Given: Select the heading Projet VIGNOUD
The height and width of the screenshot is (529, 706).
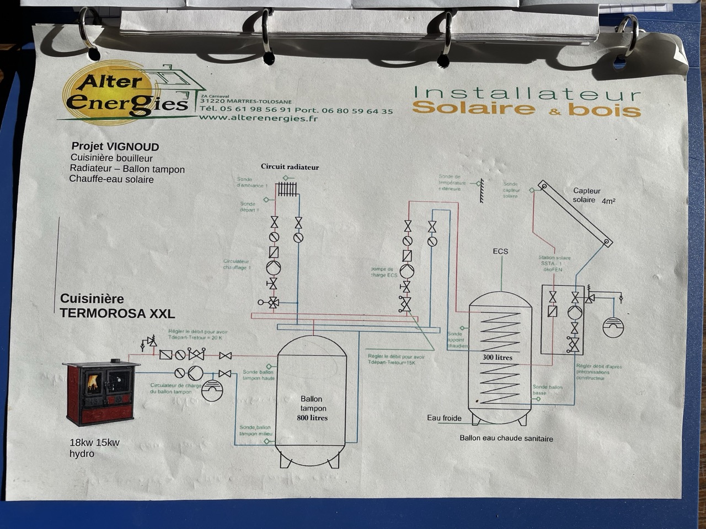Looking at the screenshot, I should (x=115, y=147).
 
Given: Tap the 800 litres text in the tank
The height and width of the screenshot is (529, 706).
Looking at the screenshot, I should (x=312, y=418).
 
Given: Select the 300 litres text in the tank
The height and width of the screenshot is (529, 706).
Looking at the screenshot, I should (x=498, y=357).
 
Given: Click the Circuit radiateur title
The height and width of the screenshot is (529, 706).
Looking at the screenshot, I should (x=290, y=167).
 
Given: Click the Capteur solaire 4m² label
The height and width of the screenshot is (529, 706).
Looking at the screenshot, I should (x=592, y=196).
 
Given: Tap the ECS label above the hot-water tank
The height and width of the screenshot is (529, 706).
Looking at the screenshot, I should (x=500, y=252).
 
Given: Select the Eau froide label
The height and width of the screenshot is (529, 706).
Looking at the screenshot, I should (x=444, y=418).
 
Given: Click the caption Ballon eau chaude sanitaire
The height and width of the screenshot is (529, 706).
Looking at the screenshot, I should (x=506, y=439).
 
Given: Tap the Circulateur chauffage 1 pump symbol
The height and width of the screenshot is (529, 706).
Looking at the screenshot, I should (x=274, y=268).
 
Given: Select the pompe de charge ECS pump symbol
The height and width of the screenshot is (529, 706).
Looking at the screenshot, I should (x=407, y=271).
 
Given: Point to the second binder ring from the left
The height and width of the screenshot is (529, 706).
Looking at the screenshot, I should (x=267, y=36).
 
